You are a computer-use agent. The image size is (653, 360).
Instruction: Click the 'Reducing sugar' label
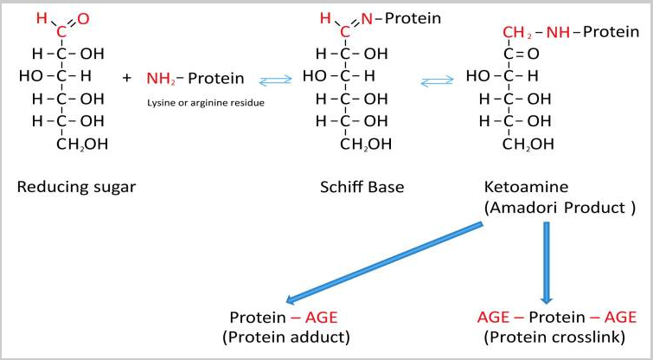[76, 187]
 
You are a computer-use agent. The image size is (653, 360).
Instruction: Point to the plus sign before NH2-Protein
[127, 78]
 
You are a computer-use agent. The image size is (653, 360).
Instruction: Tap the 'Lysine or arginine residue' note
[206, 102]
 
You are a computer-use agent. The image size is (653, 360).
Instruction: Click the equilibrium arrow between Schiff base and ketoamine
[437, 80]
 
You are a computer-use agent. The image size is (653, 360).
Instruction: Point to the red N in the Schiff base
[367, 18]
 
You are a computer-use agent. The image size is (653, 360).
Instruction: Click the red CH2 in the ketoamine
[517, 33]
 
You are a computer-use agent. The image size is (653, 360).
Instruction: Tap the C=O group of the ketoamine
[522, 55]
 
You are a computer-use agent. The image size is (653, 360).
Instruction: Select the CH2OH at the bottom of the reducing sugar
[82, 145]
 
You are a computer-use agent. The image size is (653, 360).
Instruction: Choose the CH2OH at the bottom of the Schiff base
[366, 145]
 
